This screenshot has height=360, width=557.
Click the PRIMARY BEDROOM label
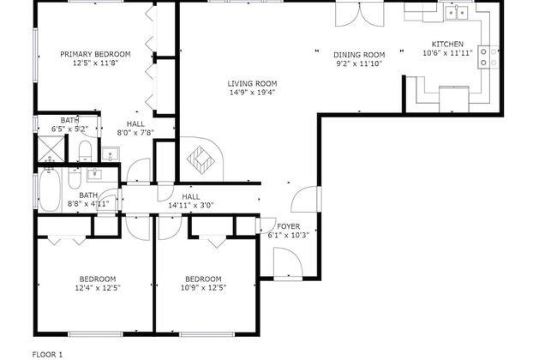[x=95, y=54]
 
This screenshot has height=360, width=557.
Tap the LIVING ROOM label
[x=252, y=84]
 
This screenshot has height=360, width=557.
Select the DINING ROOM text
[x=359, y=55]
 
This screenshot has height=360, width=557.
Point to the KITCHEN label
[x=447, y=45]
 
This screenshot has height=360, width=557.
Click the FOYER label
[x=289, y=226]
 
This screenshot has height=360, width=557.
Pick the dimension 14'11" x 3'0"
[x=191, y=206]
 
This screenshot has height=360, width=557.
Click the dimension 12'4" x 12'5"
[x=98, y=288]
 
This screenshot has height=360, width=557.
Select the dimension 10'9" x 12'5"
[x=204, y=288]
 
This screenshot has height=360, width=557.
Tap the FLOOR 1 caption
[x=47, y=355]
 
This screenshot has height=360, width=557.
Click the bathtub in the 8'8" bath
[x=50, y=190]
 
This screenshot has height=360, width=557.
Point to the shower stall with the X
[x=51, y=148]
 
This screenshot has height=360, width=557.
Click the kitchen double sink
[x=457, y=14]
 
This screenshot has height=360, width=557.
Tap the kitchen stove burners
[x=488, y=57]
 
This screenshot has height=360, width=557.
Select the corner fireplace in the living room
[x=201, y=159]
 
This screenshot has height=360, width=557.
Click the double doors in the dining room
[x=360, y=15]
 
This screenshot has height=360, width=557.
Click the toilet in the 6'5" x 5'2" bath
[x=85, y=151]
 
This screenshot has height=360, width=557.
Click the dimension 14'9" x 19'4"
[x=252, y=93]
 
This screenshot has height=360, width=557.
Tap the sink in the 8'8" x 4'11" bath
[x=94, y=174]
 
